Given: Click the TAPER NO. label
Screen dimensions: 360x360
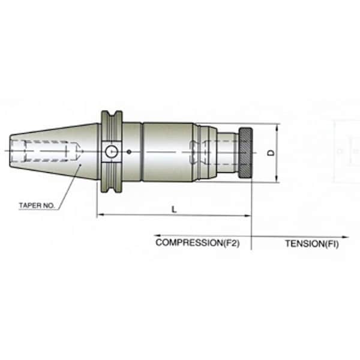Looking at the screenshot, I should tap(37, 205).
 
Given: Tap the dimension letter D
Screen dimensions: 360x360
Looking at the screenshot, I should tap(271, 154).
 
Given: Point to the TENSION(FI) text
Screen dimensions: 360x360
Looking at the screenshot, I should tap(311, 244).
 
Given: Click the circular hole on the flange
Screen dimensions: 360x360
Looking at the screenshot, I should tap(110, 152).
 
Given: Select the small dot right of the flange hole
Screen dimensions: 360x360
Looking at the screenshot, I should tap(127, 152).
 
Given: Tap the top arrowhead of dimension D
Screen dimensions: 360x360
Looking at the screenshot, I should tap(278, 127).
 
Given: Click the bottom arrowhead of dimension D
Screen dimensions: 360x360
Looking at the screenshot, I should tap(278, 179).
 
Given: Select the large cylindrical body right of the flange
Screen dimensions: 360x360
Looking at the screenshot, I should tap(167, 152).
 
